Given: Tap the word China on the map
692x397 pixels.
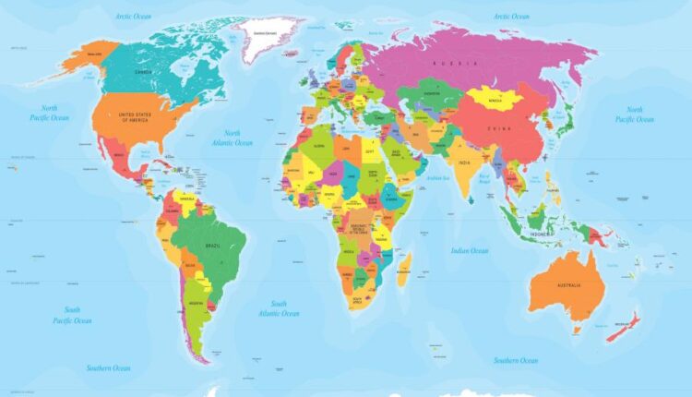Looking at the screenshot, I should [x=499, y=127].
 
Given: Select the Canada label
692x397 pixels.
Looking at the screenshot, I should [x=143, y=70].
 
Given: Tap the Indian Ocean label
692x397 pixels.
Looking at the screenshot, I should [x=470, y=250].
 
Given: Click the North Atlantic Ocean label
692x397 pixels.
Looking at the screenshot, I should [x=232, y=138].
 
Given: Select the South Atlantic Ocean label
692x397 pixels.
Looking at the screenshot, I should [x=278, y=308].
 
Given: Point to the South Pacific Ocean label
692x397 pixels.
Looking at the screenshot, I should [x=71, y=315].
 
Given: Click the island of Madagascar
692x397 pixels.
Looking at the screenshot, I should [x=403, y=268].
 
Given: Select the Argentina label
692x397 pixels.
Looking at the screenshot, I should [x=197, y=302].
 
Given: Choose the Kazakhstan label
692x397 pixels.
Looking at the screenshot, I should [x=430, y=93].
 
